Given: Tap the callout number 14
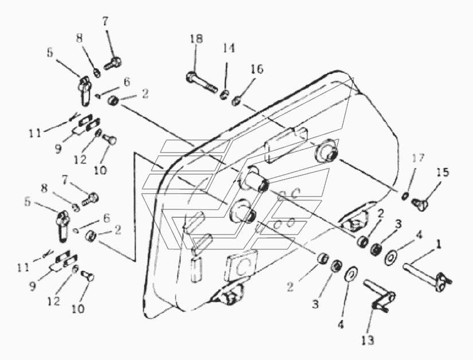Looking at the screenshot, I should click(x=229, y=49).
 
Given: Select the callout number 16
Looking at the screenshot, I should click(x=256, y=69).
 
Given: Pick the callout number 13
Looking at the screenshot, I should click(x=367, y=341).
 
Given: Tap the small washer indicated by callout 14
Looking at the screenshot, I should click(x=225, y=93).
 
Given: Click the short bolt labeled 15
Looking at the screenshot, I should click(x=425, y=200).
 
